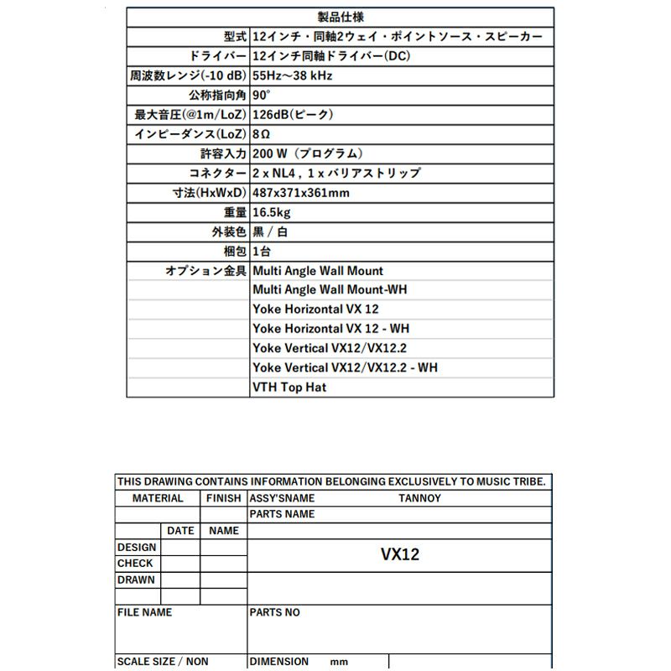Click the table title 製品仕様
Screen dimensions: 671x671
coord(341,17)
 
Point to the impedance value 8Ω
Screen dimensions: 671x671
coord(261,134)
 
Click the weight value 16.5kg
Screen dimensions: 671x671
coord(271,212)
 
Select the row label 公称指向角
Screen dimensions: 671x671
coord(217,95)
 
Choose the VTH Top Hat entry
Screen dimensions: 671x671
coord(289,388)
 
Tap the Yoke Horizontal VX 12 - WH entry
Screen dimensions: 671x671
coord(330,329)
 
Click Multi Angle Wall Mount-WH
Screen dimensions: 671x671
coord(330,289)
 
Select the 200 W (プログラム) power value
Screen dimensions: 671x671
coord(308,153)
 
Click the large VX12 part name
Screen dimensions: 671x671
coord(400,554)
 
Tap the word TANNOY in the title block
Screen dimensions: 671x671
coord(419,498)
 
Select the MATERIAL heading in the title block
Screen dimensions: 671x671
coord(158,498)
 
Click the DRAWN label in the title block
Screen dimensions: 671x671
coord(136,580)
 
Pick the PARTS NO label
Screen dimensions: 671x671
coord(275,612)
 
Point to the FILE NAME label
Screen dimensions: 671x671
coord(144,612)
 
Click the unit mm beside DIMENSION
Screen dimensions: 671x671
coord(339,662)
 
